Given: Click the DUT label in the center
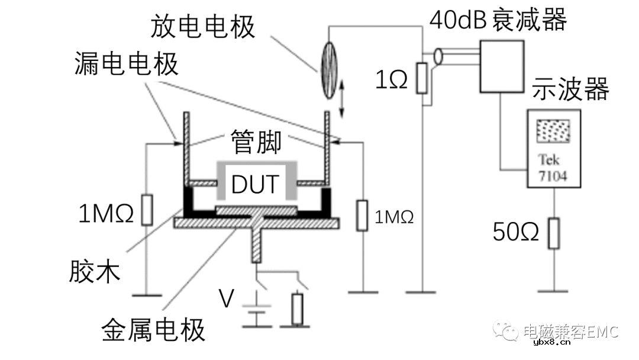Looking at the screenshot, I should [x=256, y=184].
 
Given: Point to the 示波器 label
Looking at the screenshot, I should [x=570, y=89].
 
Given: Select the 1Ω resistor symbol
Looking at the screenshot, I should [x=422, y=78].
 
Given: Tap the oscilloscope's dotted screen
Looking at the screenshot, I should [x=552, y=131].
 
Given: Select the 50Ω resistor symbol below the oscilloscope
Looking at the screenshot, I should [x=553, y=233].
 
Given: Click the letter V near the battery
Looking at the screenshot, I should [x=227, y=299].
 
